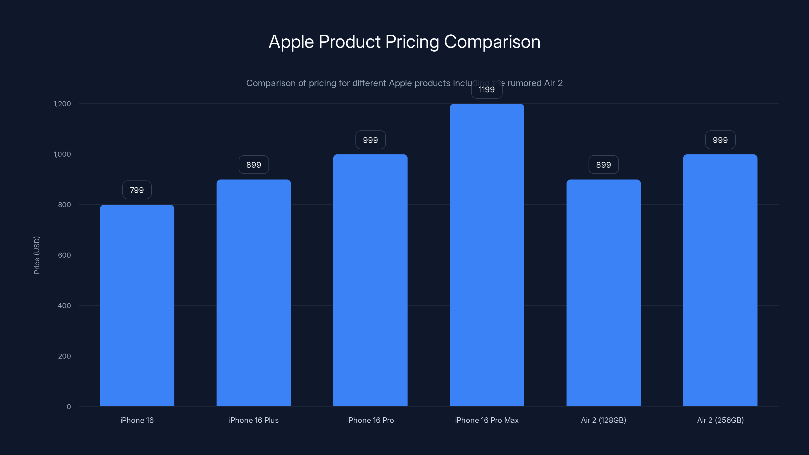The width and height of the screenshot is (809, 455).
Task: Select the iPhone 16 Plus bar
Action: point(253,293)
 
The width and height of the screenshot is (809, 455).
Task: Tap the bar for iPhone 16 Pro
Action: point(370,280)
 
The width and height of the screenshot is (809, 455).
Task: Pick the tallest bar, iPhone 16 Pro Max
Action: point(487,255)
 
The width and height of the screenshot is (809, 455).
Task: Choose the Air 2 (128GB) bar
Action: point(603,293)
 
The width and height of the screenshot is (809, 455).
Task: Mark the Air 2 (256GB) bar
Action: point(720,280)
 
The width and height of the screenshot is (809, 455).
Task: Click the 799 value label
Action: point(137,190)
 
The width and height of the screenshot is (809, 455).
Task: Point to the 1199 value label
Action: point(487,90)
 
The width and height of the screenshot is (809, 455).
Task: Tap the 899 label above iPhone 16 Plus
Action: point(253,165)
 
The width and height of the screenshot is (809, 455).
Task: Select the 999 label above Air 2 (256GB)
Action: point(720,140)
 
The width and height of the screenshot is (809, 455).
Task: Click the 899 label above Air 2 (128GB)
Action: point(603,165)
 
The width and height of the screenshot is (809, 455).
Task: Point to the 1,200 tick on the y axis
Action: point(62,104)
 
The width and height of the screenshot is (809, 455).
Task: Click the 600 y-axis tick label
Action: point(64,255)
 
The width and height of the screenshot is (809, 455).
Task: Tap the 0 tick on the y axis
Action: point(69,407)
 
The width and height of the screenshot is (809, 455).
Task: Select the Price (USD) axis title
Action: point(37,255)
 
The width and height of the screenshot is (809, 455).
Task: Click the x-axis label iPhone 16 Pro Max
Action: point(487,420)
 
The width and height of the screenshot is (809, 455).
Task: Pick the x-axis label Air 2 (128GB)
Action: point(603,420)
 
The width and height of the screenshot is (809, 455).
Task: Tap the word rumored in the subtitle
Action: point(525,83)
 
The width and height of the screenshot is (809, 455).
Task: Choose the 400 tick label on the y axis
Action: point(64,306)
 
